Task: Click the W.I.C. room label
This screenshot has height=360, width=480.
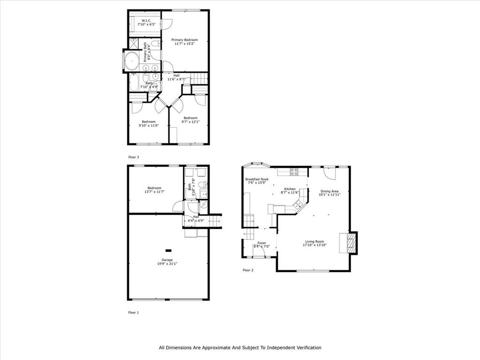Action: pyautogui.click(x=146, y=21)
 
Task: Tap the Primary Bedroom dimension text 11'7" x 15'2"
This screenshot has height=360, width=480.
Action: pyautogui.click(x=185, y=44)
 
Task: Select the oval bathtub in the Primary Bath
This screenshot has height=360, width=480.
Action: pyautogui.click(x=131, y=61)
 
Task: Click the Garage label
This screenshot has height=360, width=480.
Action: pyautogui.click(x=167, y=260)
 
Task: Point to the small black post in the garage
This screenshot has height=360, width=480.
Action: pyautogui.click(x=168, y=250)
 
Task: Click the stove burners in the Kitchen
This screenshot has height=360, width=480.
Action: pyautogui.click(x=294, y=172)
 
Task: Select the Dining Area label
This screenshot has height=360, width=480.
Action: pyautogui.click(x=330, y=191)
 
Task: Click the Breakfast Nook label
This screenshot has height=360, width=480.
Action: pyautogui.click(x=257, y=179)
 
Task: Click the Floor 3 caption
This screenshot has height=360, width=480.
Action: pyautogui.click(x=134, y=157)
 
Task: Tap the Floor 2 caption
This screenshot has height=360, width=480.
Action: pyautogui.click(x=248, y=270)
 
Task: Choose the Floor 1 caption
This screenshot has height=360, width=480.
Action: pyautogui.click(x=134, y=313)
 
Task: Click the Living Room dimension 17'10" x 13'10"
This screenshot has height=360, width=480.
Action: pyautogui.click(x=315, y=245)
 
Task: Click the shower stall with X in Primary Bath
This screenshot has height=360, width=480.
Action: pyautogui.click(x=134, y=44)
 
